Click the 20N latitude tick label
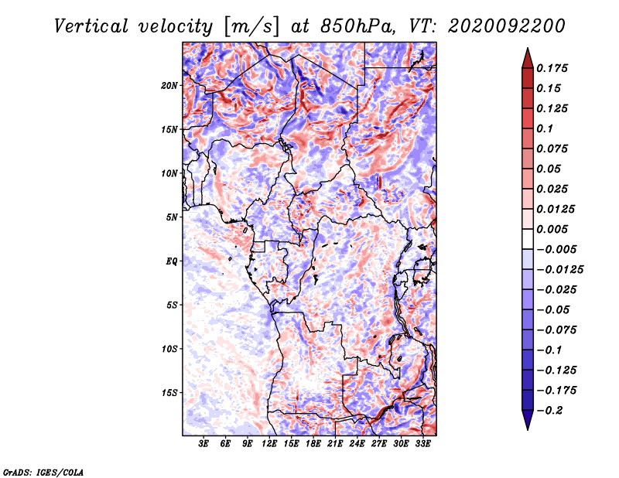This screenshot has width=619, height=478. [x=169, y=86]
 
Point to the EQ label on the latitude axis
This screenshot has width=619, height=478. [x=171, y=261]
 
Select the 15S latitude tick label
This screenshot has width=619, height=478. [x=169, y=393]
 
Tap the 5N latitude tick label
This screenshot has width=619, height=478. [x=172, y=217]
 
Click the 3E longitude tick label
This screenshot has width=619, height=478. [x=203, y=444]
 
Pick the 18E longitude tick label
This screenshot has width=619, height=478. [x=313, y=444]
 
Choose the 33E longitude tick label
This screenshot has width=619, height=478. [x=422, y=444]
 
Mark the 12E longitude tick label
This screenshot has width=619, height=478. [x=269, y=444]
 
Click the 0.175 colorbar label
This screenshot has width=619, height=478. [x=552, y=68]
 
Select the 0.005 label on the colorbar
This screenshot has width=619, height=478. [x=552, y=229]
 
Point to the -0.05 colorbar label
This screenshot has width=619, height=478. [x=553, y=310]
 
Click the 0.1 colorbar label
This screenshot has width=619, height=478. [x=545, y=128]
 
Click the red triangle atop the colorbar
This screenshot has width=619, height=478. [x=528, y=58]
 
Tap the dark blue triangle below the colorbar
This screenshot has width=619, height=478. [x=528, y=420]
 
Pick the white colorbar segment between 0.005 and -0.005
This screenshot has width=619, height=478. [x=528, y=239]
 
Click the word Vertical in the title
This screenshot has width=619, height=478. [x=91, y=26]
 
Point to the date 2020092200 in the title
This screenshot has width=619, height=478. [x=507, y=26]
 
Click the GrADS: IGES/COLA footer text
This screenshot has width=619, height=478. [x=43, y=473]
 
